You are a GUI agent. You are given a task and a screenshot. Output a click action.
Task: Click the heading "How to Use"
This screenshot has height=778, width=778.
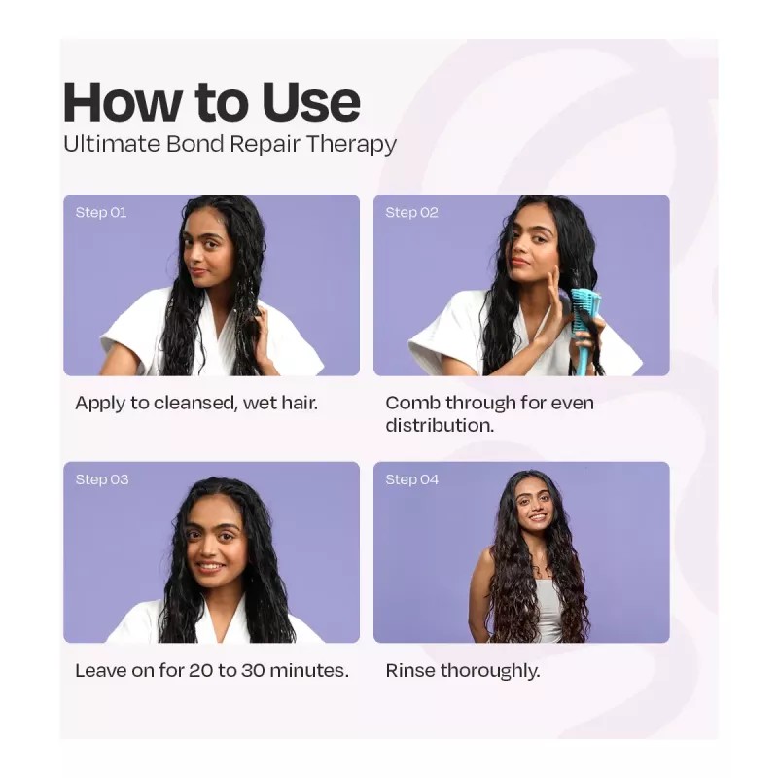coord(211,101)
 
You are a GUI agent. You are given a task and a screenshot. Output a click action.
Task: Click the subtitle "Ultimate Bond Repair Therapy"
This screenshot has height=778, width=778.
coord(230,144)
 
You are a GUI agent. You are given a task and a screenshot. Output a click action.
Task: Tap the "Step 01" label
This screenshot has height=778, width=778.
coord(101,212)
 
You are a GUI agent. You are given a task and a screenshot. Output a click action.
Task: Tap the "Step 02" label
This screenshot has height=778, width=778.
coord(411,212)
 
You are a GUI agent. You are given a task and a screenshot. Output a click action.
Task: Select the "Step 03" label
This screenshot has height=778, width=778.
coord(101,479)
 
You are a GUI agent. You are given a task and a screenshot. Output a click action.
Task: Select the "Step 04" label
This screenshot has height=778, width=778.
coord(411,479)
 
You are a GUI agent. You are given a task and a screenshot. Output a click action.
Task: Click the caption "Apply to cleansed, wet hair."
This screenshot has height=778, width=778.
coord(196,403)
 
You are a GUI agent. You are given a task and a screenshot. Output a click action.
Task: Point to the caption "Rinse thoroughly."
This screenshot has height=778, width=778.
coord(462,671)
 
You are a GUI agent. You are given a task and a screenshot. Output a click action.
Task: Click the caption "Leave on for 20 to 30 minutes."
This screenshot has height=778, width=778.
coord(212,671)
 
